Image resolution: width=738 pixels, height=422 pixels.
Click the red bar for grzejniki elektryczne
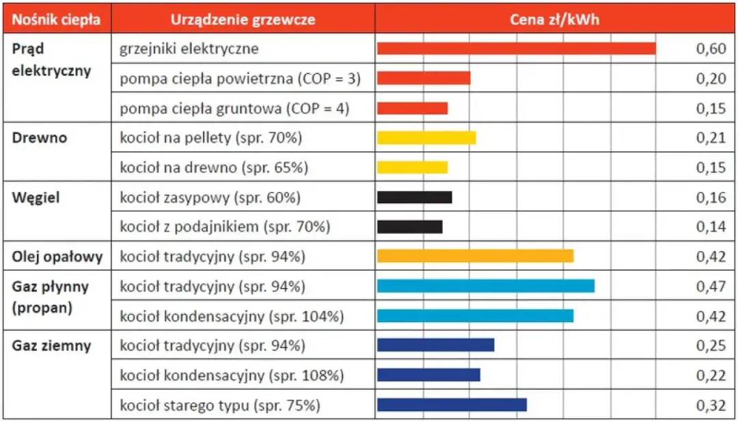[516, 49]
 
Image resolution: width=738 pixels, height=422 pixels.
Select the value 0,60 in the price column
[711, 49]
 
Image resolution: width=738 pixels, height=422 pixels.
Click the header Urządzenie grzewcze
[243, 20]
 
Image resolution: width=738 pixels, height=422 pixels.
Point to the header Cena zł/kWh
[554, 20]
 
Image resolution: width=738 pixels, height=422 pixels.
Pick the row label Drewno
[40, 137]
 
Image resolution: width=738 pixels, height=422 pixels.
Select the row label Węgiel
[36, 198]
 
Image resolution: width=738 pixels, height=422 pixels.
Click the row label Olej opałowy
[57, 257]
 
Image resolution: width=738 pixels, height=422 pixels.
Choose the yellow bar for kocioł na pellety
[426, 138]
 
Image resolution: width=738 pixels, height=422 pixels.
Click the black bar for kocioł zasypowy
[414, 198]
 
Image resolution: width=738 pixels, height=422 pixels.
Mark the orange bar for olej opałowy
[475, 256]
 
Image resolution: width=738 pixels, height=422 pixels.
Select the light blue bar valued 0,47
[485, 286]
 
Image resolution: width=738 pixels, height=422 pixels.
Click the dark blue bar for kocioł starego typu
[452, 405]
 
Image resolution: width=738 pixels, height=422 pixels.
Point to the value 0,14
[711, 227]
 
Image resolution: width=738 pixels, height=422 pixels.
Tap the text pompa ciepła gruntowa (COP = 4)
[234, 109]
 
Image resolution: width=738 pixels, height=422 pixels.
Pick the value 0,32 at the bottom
[711, 405]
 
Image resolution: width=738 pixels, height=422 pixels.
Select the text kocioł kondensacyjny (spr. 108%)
[232, 375]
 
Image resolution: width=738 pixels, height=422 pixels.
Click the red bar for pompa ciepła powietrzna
[424, 78]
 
